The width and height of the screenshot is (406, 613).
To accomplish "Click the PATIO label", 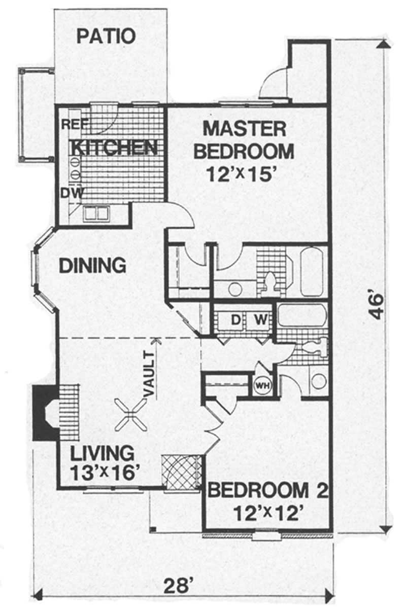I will point(106,36).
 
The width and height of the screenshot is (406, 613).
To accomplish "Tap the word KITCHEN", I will point(114,148).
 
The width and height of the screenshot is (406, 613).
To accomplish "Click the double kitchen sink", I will point(96,213).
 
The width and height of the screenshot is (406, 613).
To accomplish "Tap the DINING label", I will point(92,265).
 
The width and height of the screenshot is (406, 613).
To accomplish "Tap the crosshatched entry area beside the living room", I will point(181,472).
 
